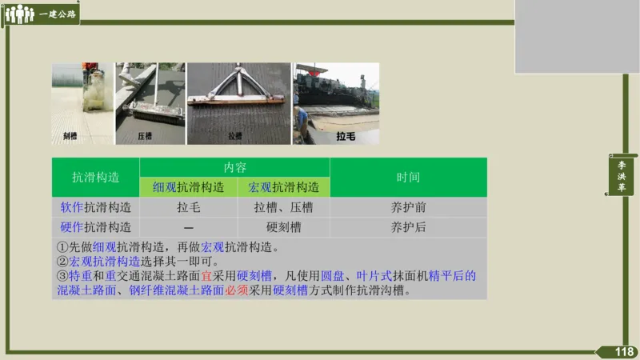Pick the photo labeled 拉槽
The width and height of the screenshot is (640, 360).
(238, 104)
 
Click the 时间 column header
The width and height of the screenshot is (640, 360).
(408, 178)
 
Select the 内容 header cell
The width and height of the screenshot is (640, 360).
(235, 168)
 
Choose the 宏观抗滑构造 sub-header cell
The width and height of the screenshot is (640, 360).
(283, 187)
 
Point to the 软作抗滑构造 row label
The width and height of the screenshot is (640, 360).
(96, 207)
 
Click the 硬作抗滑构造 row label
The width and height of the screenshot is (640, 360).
(96, 227)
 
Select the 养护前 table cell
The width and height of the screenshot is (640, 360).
(408, 207)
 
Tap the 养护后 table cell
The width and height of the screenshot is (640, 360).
(408, 227)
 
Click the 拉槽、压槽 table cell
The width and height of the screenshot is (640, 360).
(283, 207)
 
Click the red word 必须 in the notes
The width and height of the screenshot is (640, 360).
(236, 290)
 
